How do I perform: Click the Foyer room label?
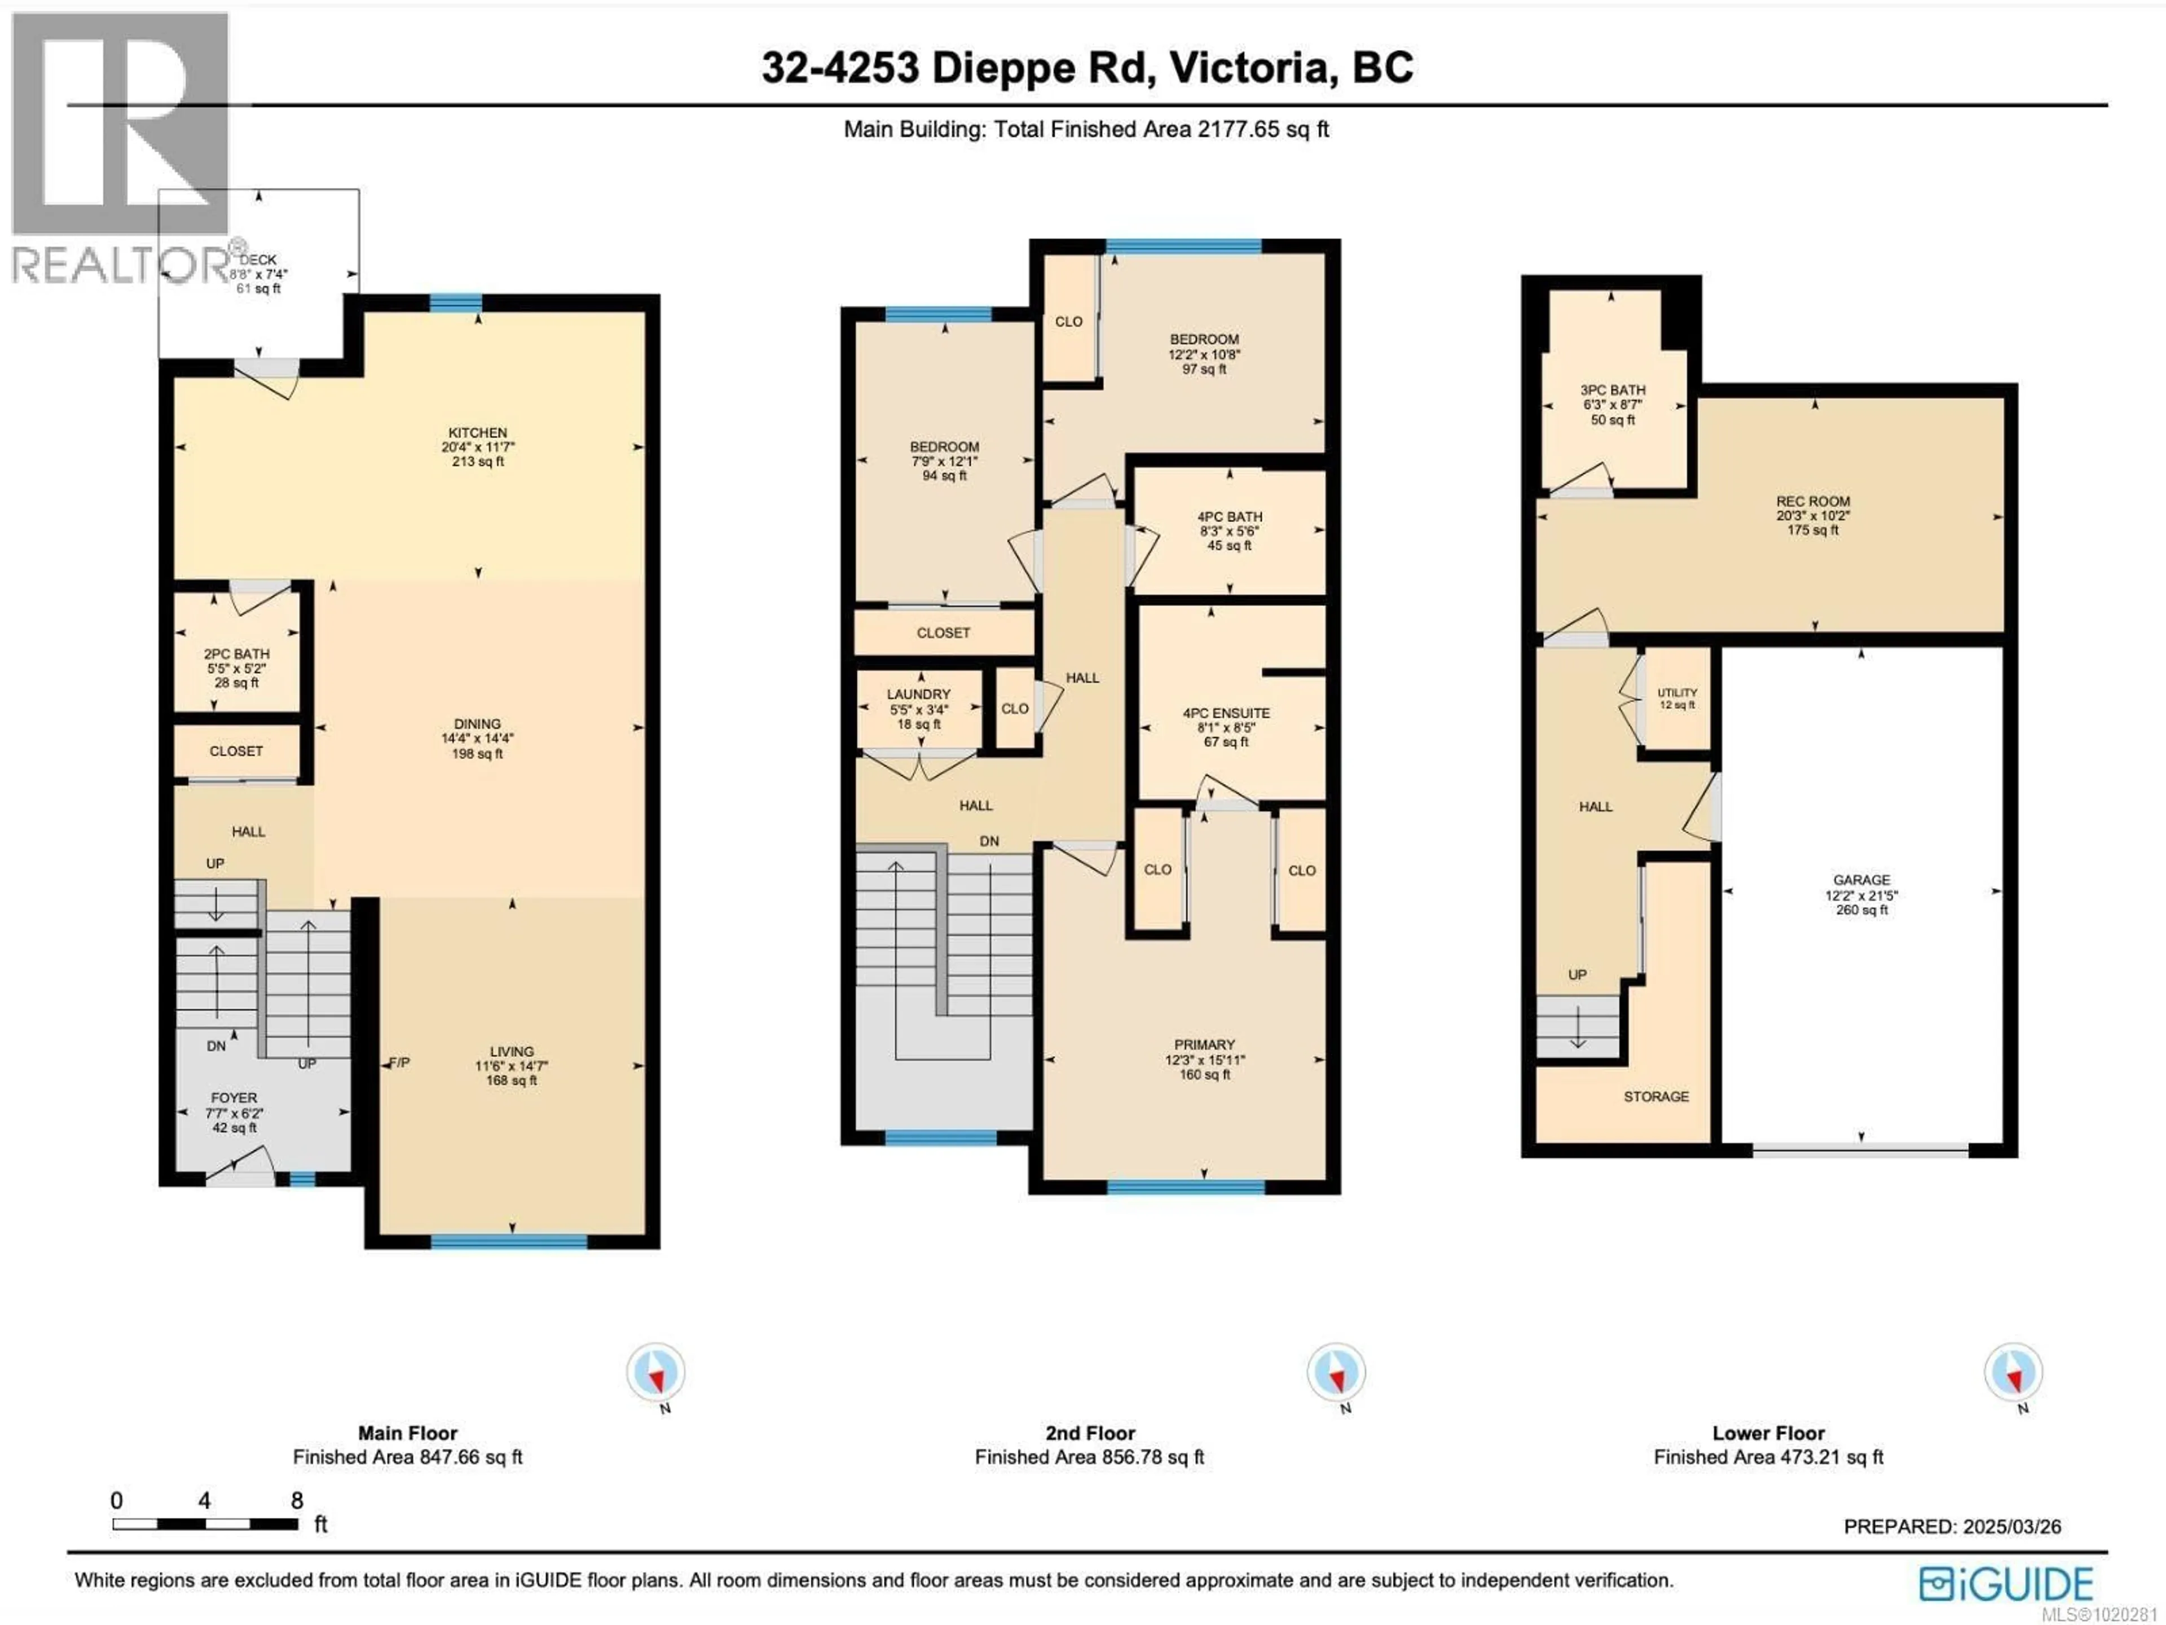tap(234, 1098)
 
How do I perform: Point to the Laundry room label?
tap(918, 693)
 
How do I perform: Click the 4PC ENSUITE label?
tap(1226, 713)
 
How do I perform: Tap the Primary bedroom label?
tap(1204, 1044)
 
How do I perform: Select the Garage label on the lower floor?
tap(1861, 880)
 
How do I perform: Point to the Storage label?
tap(1656, 1096)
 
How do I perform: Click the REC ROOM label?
tap(1812, 500)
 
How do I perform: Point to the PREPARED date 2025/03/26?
tap(1952, 1526)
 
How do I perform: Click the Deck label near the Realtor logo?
tap(258, 260)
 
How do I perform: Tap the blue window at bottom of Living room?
tap(509, 1242)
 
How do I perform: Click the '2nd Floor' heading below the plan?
tap(1090, 1433)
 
